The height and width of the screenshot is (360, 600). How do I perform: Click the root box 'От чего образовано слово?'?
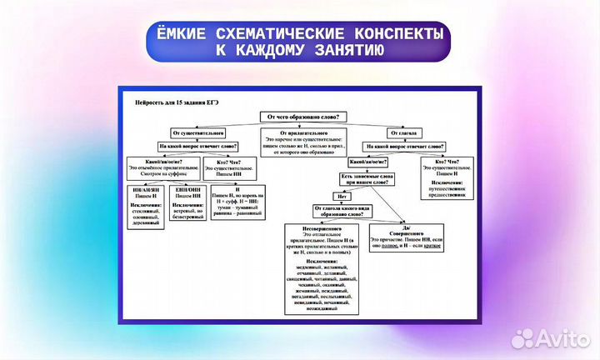(x=306, y=117)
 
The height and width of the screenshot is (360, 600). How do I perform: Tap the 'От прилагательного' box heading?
(x=306, y=132)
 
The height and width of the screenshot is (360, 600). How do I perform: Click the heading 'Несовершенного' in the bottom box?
(x=311, y=227)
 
